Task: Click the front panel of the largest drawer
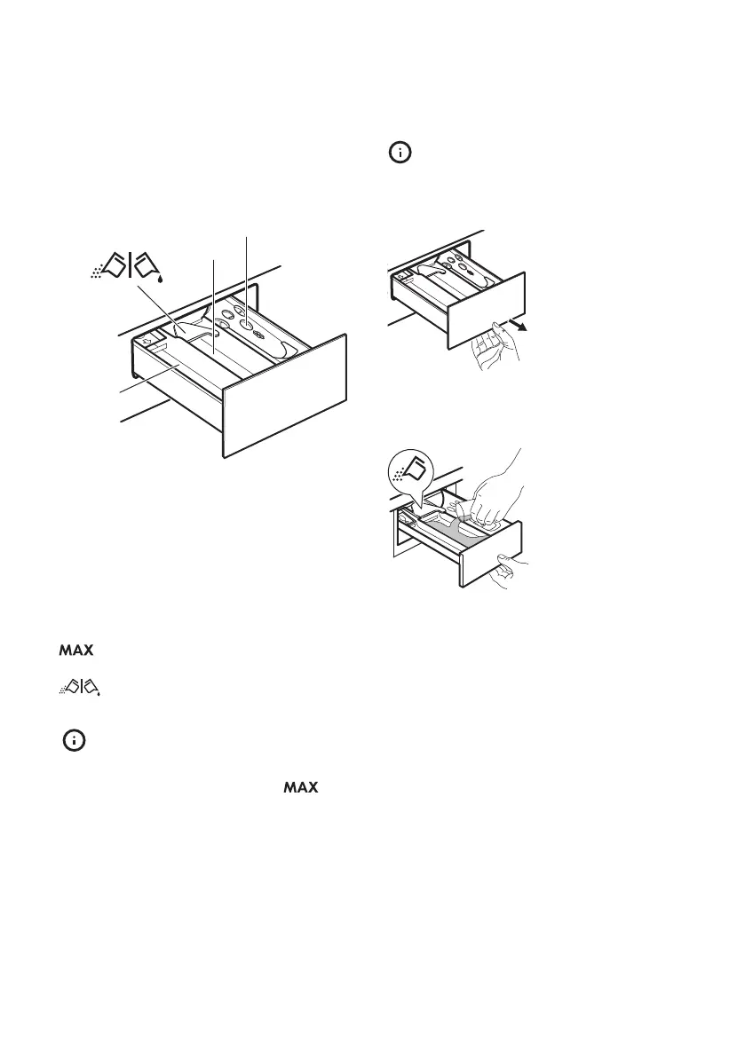click(x=284, y=395)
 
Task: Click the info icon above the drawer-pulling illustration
click(x=401, y=154)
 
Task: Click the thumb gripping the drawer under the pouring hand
click(x=505, y=560)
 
